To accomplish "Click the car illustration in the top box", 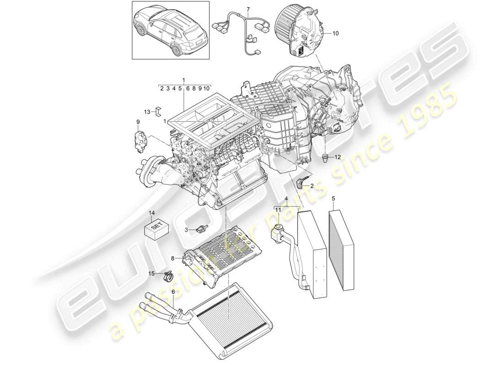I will [171, 30].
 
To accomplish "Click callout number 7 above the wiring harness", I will [248, 9].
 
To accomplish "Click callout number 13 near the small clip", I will [147, 111].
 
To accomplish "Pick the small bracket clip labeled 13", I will [158, 111].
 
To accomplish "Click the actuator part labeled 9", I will [139, 140].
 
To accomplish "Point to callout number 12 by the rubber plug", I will [338, 157].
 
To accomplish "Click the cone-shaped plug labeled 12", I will [325, 158].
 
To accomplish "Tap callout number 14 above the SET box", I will [152, 213].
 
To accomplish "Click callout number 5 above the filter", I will [333, 199].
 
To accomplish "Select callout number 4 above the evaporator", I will [286, 199].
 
